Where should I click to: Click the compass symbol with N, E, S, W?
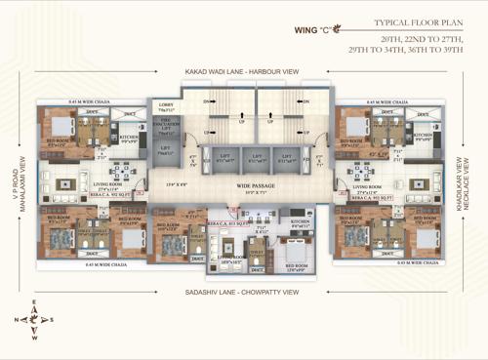[33, 319]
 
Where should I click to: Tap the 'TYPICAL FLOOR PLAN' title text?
[417, 21]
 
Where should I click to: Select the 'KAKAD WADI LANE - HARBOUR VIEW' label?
[241, 72]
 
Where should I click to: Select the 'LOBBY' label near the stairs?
[165, 106]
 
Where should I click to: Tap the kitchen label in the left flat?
[128, 138]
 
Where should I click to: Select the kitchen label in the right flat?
[422, 137]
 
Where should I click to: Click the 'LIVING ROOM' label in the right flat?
[372, 190]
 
